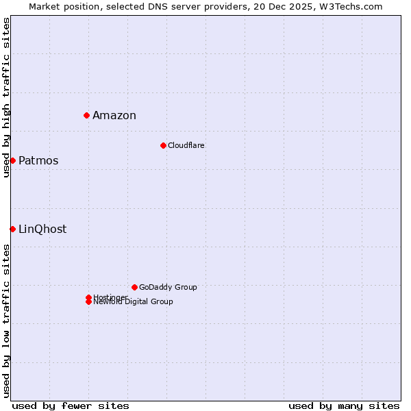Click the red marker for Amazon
(x=87, y=115)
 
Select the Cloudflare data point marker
(x=163, y=145)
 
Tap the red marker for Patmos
(x=12, y=160)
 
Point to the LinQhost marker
(x=12, y=229)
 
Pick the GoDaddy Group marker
(x=134, y=287)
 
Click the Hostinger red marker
(x=88, y=297)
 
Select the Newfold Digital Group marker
(x=88, y=302)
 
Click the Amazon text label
(x=114, y=115)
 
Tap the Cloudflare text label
(x=186, y=145)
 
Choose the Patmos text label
(x=38, y=160)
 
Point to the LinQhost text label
(x=42, y=229)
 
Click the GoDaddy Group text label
(x=168, y=287)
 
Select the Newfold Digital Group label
(x=134, y=302)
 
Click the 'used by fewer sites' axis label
(x=71, y=406)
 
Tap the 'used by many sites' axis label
(x=344, y=406)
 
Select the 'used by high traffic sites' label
(x=6, y=97)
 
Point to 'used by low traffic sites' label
(x=6, y=321)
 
